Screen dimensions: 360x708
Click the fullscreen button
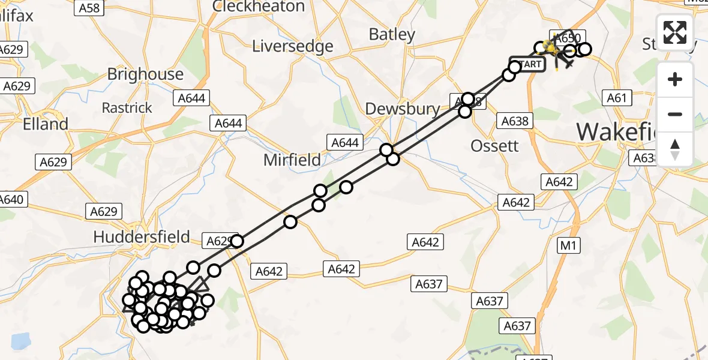pyautogui.click(x=675, y=32)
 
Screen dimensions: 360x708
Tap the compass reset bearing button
pyautogui.click(x=675, y=149)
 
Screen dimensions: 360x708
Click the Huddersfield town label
pyautogui.click(x=142, y=237)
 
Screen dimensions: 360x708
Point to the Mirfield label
pyautogui.click(x=293, y=160)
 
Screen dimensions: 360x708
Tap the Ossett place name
pyautogui.click(x=494, y=146)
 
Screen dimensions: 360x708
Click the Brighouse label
pyautogui.click(x=145, y=74)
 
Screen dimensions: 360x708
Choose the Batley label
pyautogui.click(x=392, y=35)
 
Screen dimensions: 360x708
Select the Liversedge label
pyautogui.click(x=293, y=46)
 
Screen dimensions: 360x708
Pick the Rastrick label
pyautogui.click(x=127, y=108)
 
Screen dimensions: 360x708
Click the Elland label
pyautogui.click(x=45, y=124)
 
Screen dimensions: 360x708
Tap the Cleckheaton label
pyautogui.click(x=259, y=7)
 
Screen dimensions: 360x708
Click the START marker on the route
pyautogui.click(x=527, y=64)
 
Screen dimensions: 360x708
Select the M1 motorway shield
pyautogui.click(x=567, y=245)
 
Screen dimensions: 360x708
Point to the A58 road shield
pyautogui.click(x=89, y=8)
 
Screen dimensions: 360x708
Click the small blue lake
pyautogui.click(x=20, y=341)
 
